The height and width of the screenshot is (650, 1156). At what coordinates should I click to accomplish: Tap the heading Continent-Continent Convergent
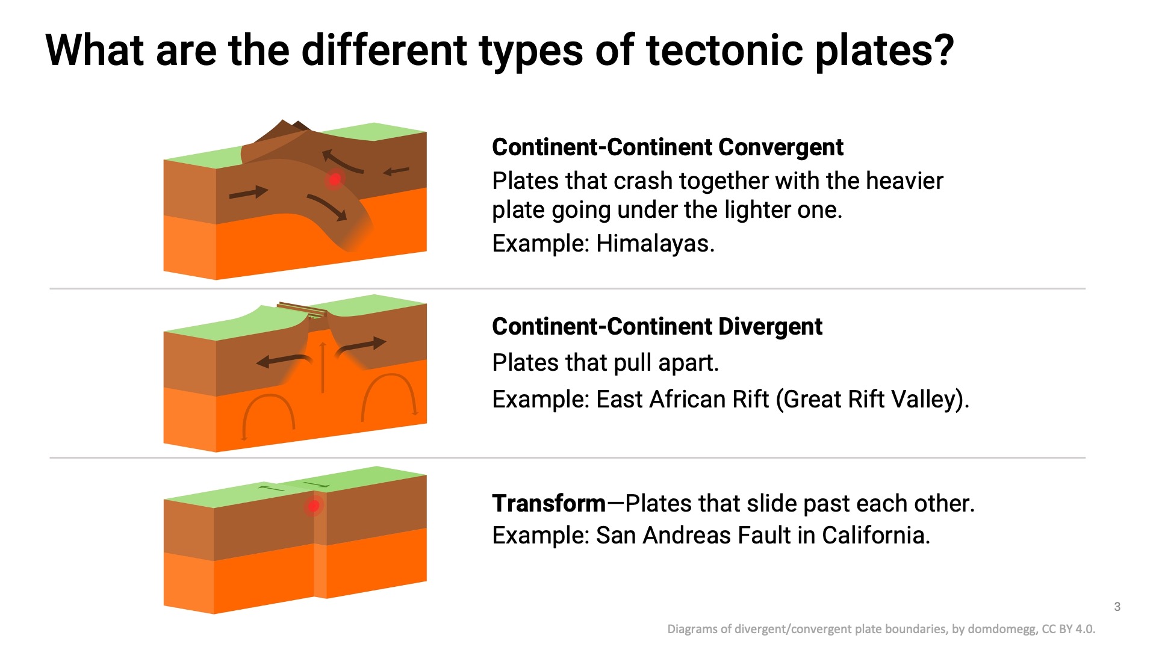667,147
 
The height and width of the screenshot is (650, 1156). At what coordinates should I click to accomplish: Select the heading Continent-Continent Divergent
657,326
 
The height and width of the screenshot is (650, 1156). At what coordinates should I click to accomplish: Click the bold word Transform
548,503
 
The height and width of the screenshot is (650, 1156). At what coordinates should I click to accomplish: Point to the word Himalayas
655,243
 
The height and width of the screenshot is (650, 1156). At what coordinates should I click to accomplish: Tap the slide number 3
1117,607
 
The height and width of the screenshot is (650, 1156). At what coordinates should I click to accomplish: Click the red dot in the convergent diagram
335,179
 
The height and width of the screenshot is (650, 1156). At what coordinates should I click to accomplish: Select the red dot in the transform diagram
313,506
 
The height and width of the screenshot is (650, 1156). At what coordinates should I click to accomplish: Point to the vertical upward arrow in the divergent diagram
323,367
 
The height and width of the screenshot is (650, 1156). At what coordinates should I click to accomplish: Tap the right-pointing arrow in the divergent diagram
361,347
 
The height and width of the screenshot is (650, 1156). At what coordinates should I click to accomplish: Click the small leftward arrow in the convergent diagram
396,172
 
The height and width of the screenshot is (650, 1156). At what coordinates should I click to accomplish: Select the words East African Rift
682,399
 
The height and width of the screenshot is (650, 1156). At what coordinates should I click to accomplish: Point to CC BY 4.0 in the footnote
1068,629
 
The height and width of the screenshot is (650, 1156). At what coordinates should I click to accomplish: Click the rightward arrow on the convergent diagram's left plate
249,193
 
